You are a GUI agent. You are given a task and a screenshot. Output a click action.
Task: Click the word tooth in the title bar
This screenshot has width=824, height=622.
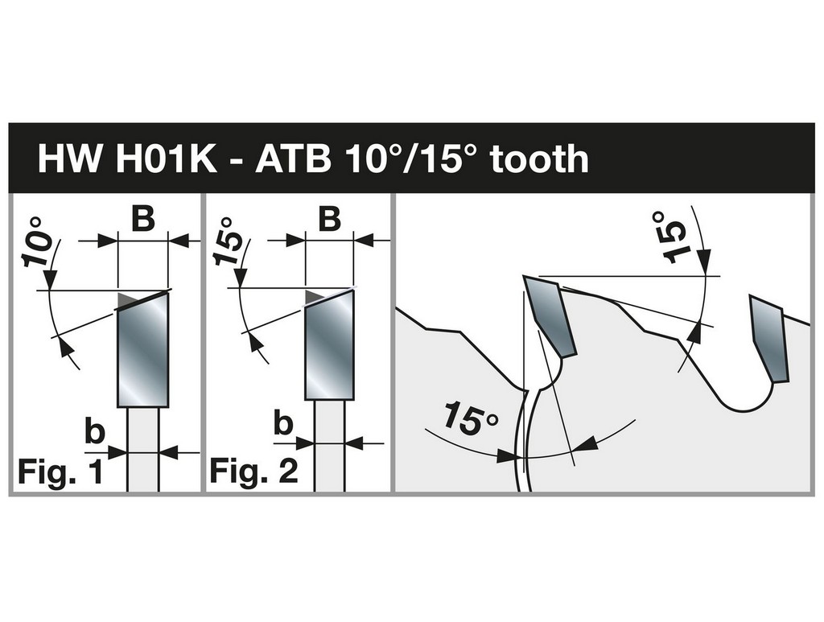pyautogui.click(x=539, y=159)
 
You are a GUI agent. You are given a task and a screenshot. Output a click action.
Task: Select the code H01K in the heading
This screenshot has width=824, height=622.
pyautogui.click(x=166, y=159)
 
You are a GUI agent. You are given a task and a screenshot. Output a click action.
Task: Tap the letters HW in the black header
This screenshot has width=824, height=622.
pyautogui.click(x=69, y=159)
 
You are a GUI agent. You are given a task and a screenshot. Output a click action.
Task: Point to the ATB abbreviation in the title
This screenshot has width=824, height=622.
pyautogui.click(x=293, y=159)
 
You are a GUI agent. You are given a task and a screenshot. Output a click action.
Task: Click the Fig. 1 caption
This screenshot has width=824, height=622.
pyautogui.click(x=60, y=472)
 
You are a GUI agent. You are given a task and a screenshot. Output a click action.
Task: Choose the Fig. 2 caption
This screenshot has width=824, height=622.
pyautogui.click(x=253, y=471)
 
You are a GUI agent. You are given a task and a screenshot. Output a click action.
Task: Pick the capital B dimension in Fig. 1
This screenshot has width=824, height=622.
pyautogui.click(x=143, y=219)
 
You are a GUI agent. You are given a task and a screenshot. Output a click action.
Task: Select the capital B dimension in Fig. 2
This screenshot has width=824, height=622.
pyautogui.click(x=329, y=219)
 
